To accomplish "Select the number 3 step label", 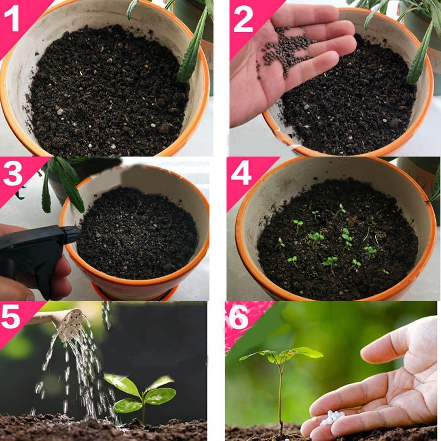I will click(13, 175).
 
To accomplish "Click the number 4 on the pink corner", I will click(241, 174).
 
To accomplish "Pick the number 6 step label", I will click(239, 318).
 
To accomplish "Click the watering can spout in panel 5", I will click(71, 325).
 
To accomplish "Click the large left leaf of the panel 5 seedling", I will click(122, 384).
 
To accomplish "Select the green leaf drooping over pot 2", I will click(419, 57).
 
